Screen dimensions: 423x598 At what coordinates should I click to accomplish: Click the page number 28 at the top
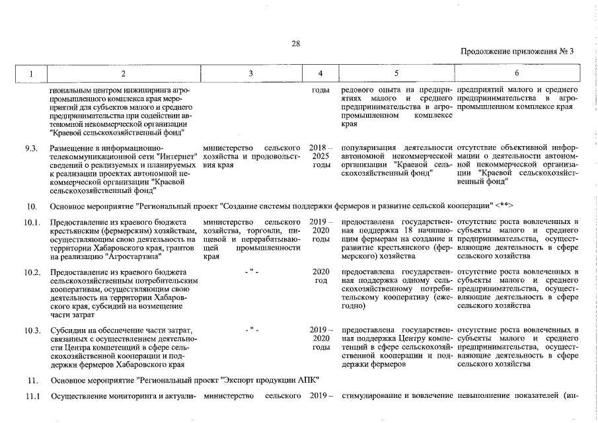pos(296,44)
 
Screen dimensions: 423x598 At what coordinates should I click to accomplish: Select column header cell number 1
pos(30,73)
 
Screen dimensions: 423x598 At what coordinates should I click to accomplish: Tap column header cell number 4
pos(320,73)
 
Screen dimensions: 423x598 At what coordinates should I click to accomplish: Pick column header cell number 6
pos(517,73)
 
